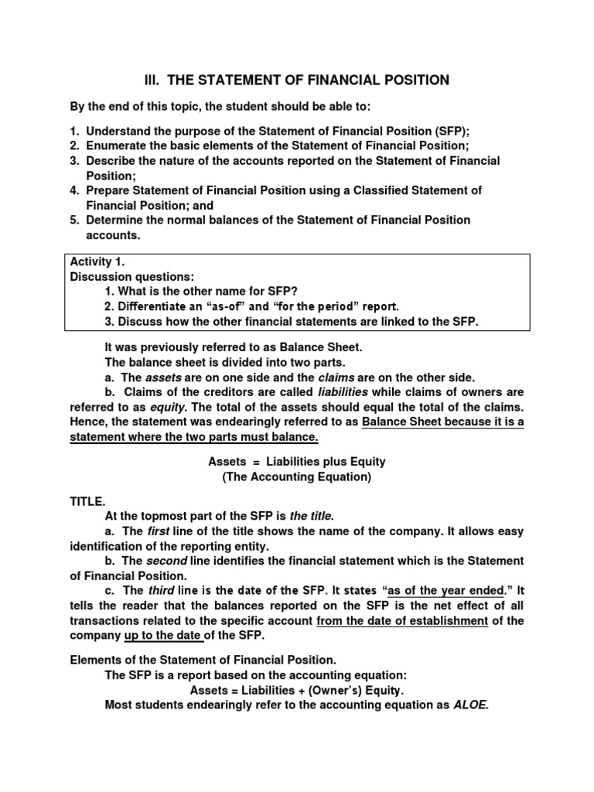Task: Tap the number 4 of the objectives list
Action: point(73,190)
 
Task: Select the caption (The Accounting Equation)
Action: point(297,477)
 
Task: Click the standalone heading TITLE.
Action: point(85,502)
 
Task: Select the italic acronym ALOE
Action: point(470,705)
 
